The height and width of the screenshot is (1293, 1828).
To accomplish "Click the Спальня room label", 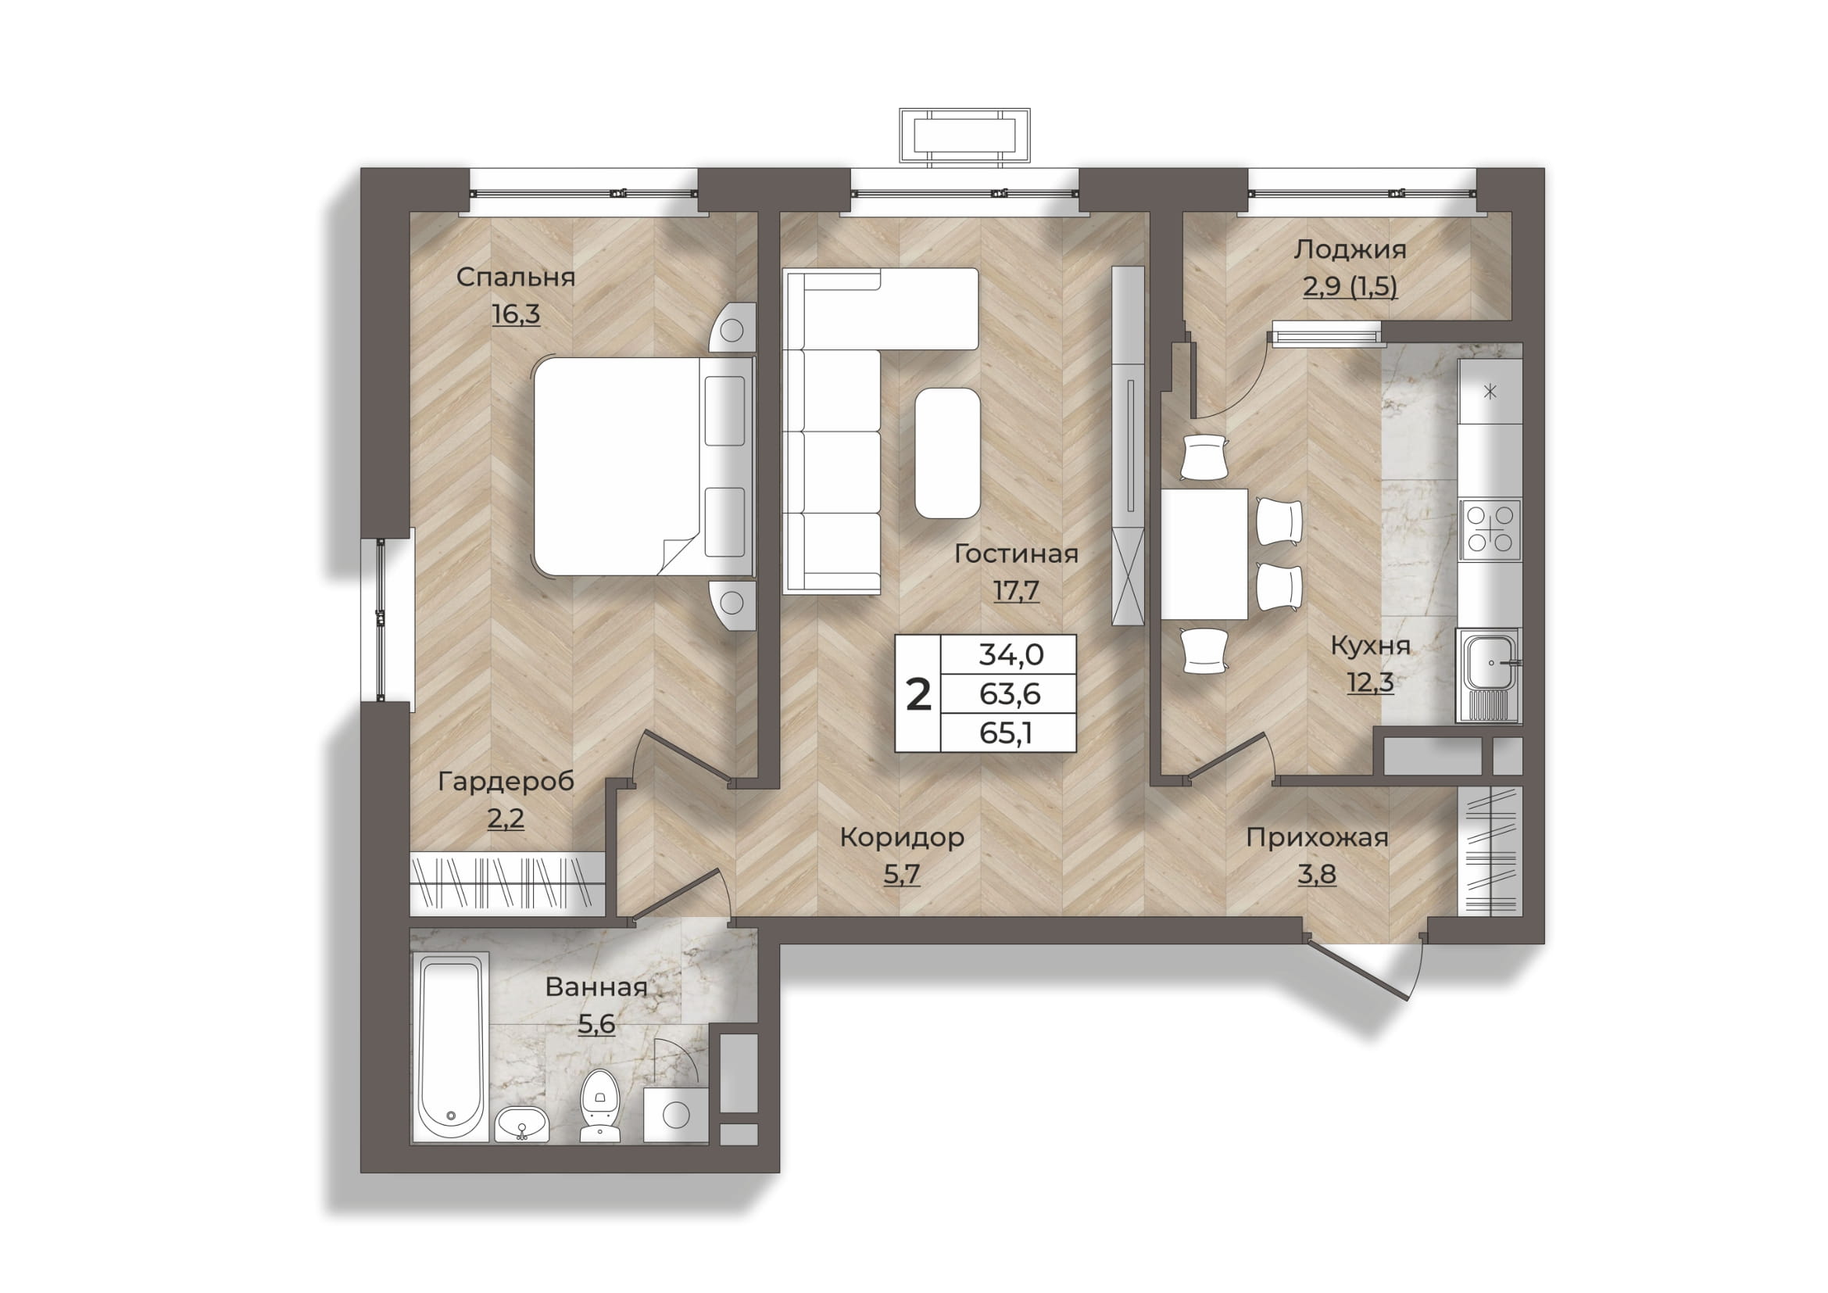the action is [x=515, y=277].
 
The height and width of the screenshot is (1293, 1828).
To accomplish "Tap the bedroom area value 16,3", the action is [x=516, y=313].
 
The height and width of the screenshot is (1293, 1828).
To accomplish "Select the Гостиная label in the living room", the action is [x=1016, y=553].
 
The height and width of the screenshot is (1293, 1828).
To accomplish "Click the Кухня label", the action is [x=1370, y=646].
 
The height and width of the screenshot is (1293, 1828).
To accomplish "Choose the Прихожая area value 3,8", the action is [x=1317, y=874].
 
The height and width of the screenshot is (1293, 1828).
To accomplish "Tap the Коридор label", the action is [x=902, y=837].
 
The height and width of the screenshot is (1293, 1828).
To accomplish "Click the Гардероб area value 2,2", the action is [x=506, y=818].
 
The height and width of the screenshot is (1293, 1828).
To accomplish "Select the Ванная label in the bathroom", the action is [x=596, y=987].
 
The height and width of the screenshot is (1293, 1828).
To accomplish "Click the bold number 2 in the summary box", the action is [x=919, y=695].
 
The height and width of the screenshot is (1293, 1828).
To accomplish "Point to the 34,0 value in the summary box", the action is [x=1011, y=654].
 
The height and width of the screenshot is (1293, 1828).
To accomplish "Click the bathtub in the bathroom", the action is [x=450, y=1048].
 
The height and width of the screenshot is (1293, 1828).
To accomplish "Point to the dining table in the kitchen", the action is [x=1204, y=554].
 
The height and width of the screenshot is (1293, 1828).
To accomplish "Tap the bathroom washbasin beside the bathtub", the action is [x=521, y=1123].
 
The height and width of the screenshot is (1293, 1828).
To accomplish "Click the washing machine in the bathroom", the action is [x=676, y=1115].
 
